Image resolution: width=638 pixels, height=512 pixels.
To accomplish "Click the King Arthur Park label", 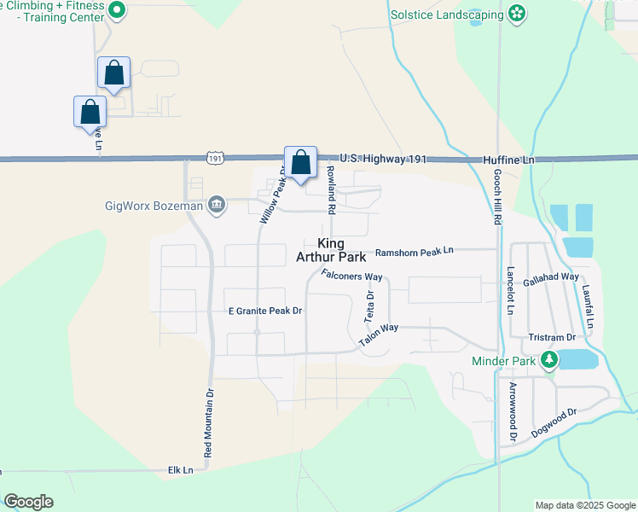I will click(331, 249).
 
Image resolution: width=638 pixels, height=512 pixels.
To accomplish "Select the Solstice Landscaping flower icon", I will click(516, 13).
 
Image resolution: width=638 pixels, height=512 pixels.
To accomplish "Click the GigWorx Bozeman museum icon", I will click(217, 205).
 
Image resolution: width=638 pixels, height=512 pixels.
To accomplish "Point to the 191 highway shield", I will click(216, 159).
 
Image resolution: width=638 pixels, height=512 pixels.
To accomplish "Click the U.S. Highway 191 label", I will click(381, 159).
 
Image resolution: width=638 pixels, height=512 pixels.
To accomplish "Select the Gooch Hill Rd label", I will click(496, 195).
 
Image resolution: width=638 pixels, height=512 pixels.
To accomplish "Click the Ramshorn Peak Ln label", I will click(415, 251).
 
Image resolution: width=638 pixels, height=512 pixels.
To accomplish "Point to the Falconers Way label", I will click(351, 275).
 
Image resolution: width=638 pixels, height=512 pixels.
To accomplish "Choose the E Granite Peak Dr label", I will click(265, 311).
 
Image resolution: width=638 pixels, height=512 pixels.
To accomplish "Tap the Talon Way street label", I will click(379, 334).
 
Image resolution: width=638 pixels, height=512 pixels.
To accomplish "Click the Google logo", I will click(28, 502).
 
